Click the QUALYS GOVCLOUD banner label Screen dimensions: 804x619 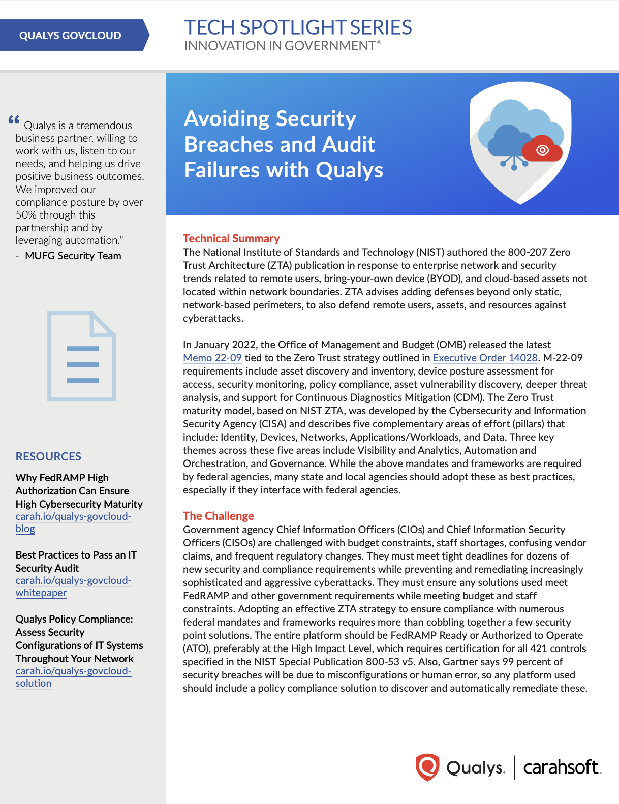70,36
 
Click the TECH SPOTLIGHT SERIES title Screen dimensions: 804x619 298,27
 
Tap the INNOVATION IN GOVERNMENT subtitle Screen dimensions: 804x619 280,46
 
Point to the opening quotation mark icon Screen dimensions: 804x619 14,120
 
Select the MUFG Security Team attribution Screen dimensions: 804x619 73,256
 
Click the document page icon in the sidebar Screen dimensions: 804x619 81,356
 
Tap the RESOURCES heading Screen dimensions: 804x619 48,456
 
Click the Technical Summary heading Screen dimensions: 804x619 231,238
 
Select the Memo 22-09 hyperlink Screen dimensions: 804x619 212,358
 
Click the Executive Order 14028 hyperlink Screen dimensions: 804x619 485,358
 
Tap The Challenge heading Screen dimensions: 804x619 219,516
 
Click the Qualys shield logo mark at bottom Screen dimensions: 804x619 427,767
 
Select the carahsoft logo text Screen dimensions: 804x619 562,767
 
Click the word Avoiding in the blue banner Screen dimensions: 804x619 226,119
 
